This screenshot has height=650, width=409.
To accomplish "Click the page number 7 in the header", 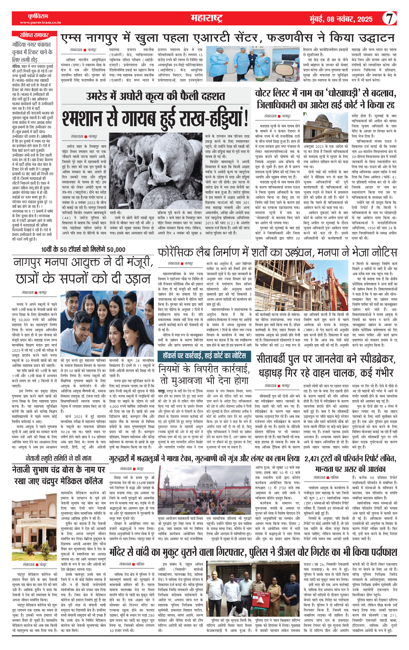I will tap(389, 18).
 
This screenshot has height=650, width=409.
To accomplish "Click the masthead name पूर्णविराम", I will tap(40, 16).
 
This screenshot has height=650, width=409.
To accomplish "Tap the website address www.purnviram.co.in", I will tap(40, 22).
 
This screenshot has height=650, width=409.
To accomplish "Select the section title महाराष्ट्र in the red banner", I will tap(206, 18).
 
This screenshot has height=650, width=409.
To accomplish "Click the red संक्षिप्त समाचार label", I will tap(34, 35).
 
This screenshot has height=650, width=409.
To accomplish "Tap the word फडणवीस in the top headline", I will tap(290, 38).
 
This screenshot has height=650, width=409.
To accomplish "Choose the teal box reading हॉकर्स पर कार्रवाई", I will tap(204, 355).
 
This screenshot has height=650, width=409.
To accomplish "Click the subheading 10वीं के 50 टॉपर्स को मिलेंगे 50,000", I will tap(83, 249).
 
